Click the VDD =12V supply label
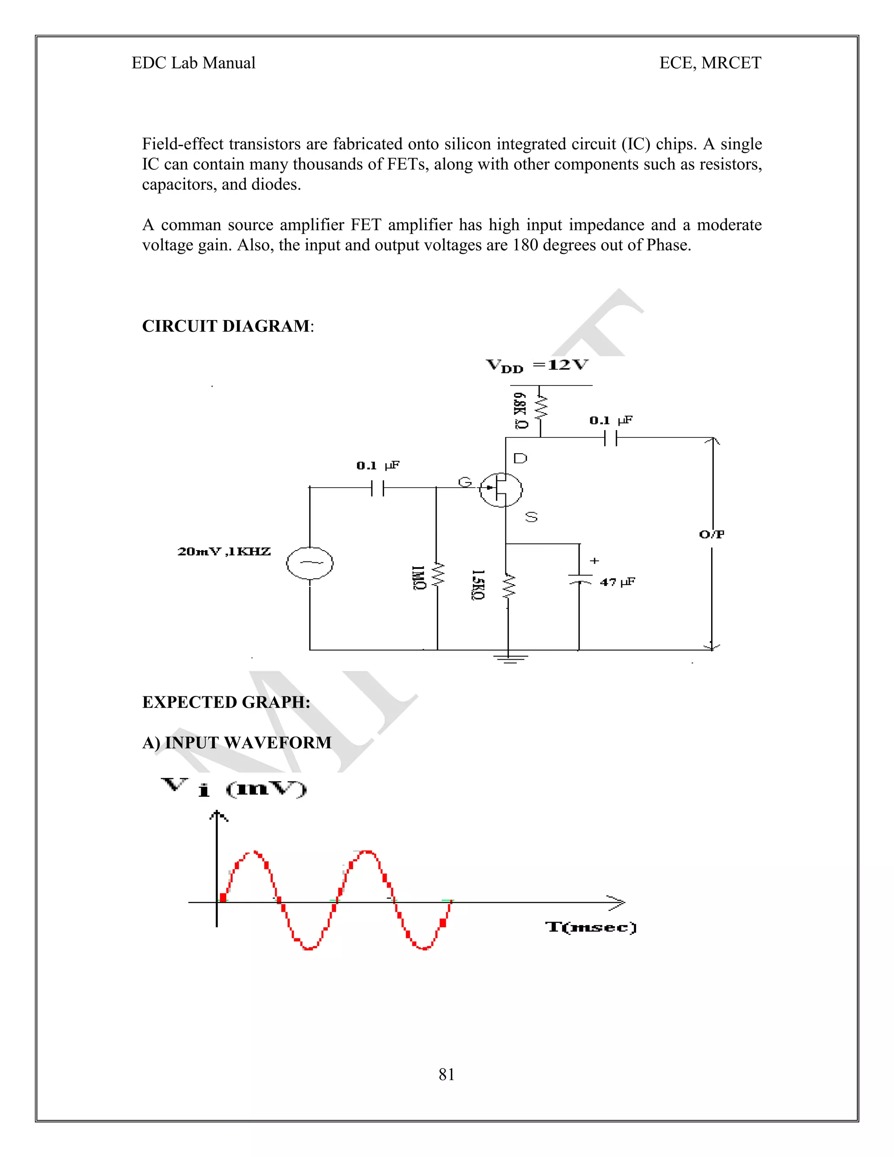(x=537, y=365)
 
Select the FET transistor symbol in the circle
(x=501, y=489)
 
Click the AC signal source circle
(x=310, y=563)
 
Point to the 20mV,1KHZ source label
(x=224, y=551)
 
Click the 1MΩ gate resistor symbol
(x=437, y=576)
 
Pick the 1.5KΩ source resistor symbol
(x=508, y=586)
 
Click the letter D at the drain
(x=520, y=458)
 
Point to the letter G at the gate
(x=464, y=482)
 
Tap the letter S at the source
(x=531, y=517)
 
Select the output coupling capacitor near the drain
(x=611, y=438)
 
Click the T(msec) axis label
(x=591, y=927)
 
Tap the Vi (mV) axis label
(x=234, y=788)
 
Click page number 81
(x=447, y=1074)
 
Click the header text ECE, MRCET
(x=710, y=63)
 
